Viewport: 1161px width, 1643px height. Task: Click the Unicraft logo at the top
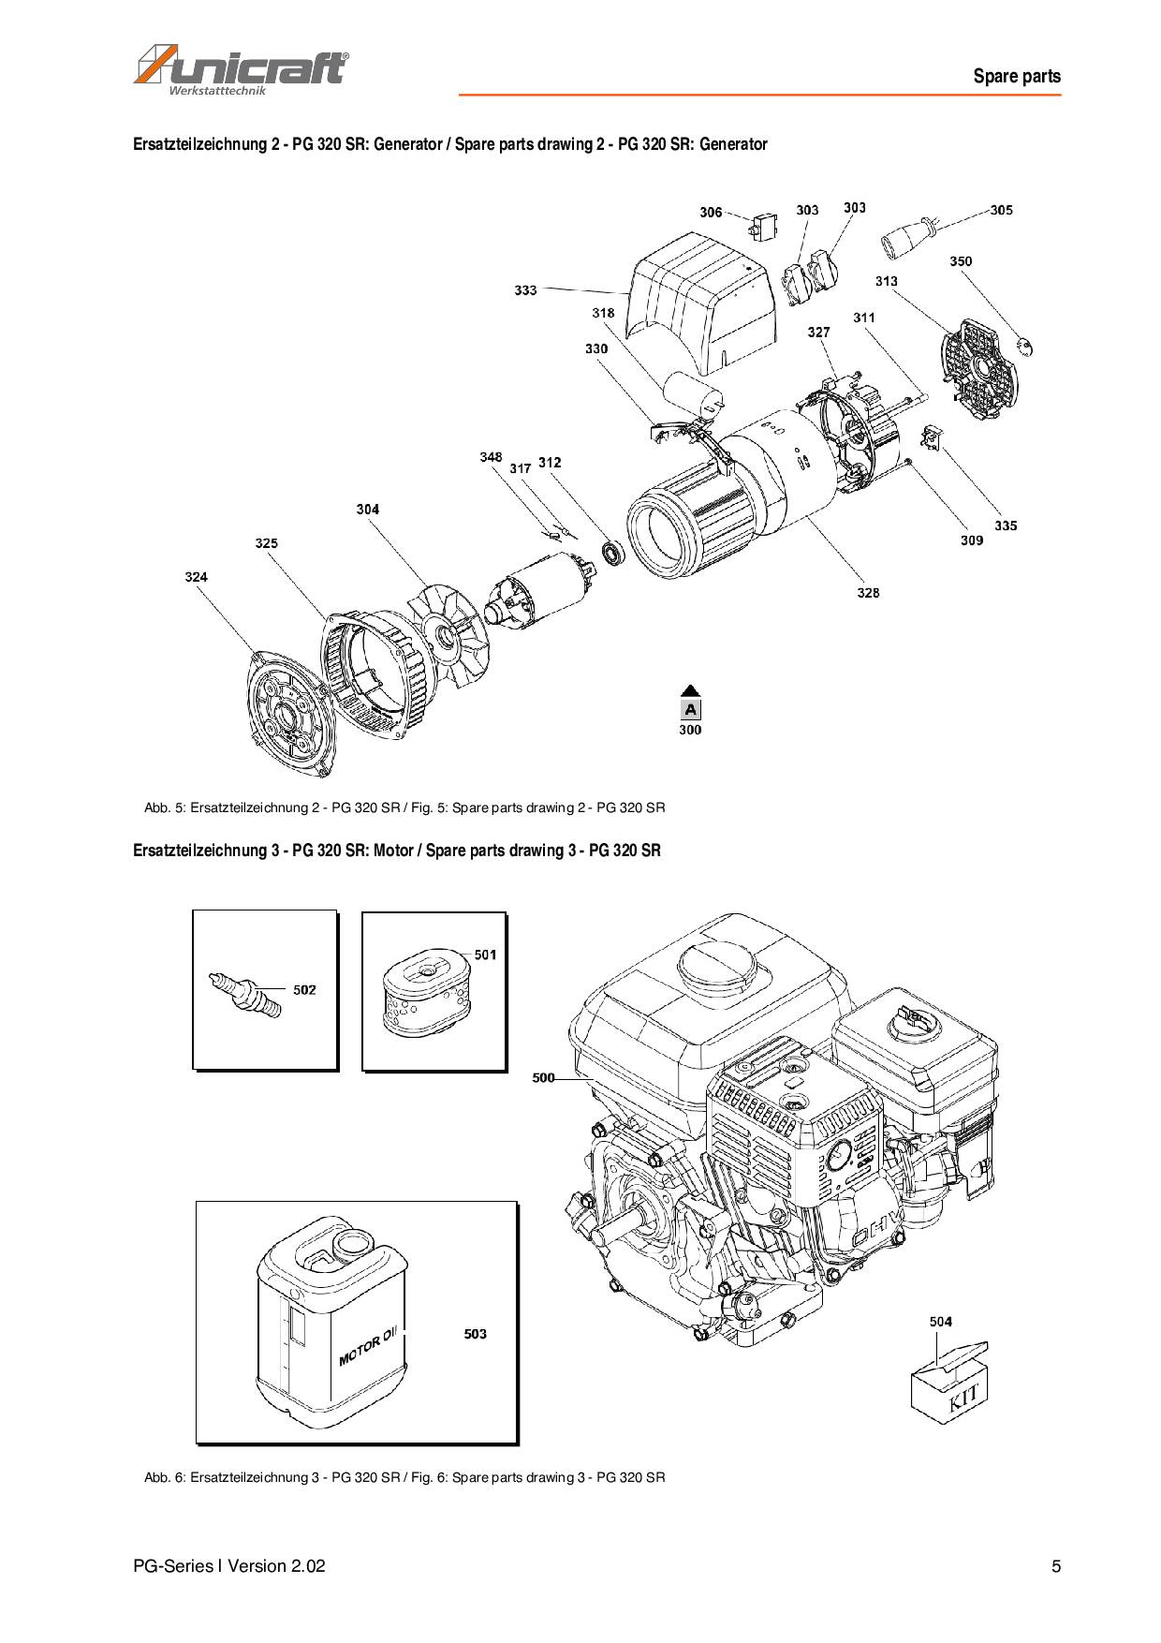[242, 69]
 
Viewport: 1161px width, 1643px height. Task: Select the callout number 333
[525, 290]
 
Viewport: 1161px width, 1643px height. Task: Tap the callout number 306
[711, 213]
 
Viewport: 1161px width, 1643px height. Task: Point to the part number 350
[961, 261]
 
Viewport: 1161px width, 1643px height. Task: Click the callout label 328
[868, 593]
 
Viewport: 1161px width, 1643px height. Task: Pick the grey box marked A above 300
[690, 709]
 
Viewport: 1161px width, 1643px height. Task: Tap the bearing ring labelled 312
[613, 553]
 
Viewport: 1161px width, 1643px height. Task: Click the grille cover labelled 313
[978, 364]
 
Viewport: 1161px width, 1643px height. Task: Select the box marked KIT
[948, 1380]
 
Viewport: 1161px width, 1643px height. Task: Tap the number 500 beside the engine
[543, 1078]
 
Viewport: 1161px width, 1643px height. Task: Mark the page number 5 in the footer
[1056, 1566]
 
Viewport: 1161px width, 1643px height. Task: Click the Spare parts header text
[1017, 77]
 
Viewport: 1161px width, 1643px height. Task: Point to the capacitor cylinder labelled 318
[694, 393]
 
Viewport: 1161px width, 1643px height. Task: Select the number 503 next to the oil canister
[475, 1334]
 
